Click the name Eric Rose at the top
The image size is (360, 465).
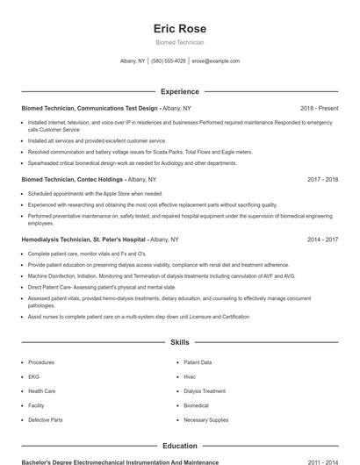click(179, 29)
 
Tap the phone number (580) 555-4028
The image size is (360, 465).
click(169, 61)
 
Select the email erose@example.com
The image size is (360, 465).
click(215, 61)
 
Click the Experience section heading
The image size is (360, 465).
click(179, 91)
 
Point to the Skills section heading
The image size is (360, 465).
click(179, 342)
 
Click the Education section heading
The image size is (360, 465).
click(179, 446)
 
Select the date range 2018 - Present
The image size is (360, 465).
click(319, 108)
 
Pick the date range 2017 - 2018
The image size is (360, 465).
click(323, 179)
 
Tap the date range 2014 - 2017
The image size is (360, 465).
click(323, 239)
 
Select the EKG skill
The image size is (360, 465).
click(34, 376)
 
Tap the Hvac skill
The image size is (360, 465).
click(190, 376)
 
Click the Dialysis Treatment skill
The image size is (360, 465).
click(204, 391)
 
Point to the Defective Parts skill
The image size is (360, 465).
click(45, 420)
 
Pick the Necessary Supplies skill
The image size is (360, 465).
click(205, 420)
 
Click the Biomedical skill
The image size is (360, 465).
click(196, 405)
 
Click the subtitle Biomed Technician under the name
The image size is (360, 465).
click(179, 42)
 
